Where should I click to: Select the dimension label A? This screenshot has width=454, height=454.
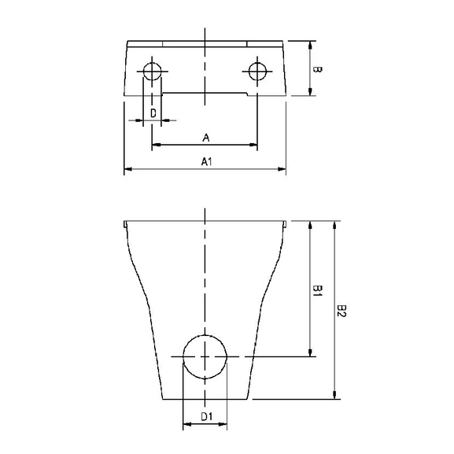click(x=205, y=138)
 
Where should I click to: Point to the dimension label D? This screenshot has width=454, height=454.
click(x=153, y=114)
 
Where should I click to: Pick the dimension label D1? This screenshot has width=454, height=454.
click(x=206, y=416)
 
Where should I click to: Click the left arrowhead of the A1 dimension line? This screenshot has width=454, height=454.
click(x=128, y=168)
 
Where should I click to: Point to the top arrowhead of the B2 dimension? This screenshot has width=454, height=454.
click(x=335, y=225)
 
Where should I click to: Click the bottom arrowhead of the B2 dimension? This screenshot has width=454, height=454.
click(x=335, y=395)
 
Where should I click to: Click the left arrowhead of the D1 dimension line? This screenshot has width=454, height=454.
click(x=187, y=425)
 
